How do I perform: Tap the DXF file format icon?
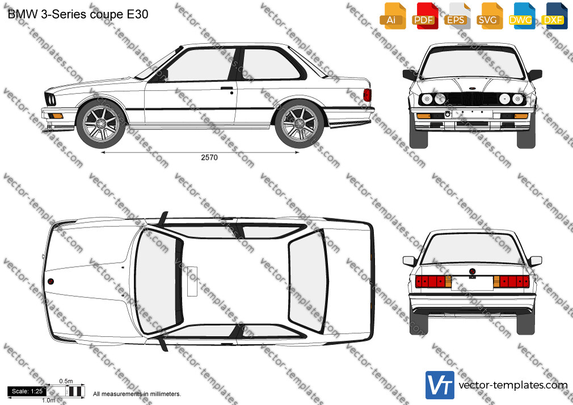(555, 16)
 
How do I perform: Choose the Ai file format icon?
(392, 16)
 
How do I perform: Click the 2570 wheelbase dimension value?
(209, 158)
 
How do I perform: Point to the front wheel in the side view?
(101, 124)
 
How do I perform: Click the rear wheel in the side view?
(300, 124)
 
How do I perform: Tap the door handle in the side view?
(227, 88)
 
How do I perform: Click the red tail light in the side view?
(367, 95)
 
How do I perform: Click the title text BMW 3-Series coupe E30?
(78, 14)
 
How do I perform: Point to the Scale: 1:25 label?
(27, 391)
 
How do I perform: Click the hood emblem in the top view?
(50, 281)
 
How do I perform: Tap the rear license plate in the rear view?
(472, 283)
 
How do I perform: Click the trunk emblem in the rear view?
(472, 272)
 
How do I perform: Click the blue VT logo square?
(440, 385)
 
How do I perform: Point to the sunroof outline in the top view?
(192, 281)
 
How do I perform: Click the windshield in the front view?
(472, 63)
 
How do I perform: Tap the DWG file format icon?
(522, 16)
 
